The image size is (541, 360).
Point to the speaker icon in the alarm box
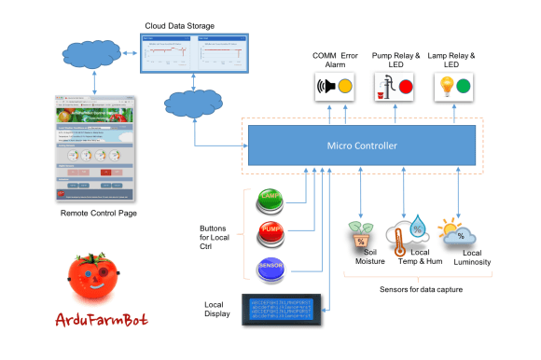pyautogui.click(x=327, y=88)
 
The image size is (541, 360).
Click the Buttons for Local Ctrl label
pyautogui.click(x=219, y=237)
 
